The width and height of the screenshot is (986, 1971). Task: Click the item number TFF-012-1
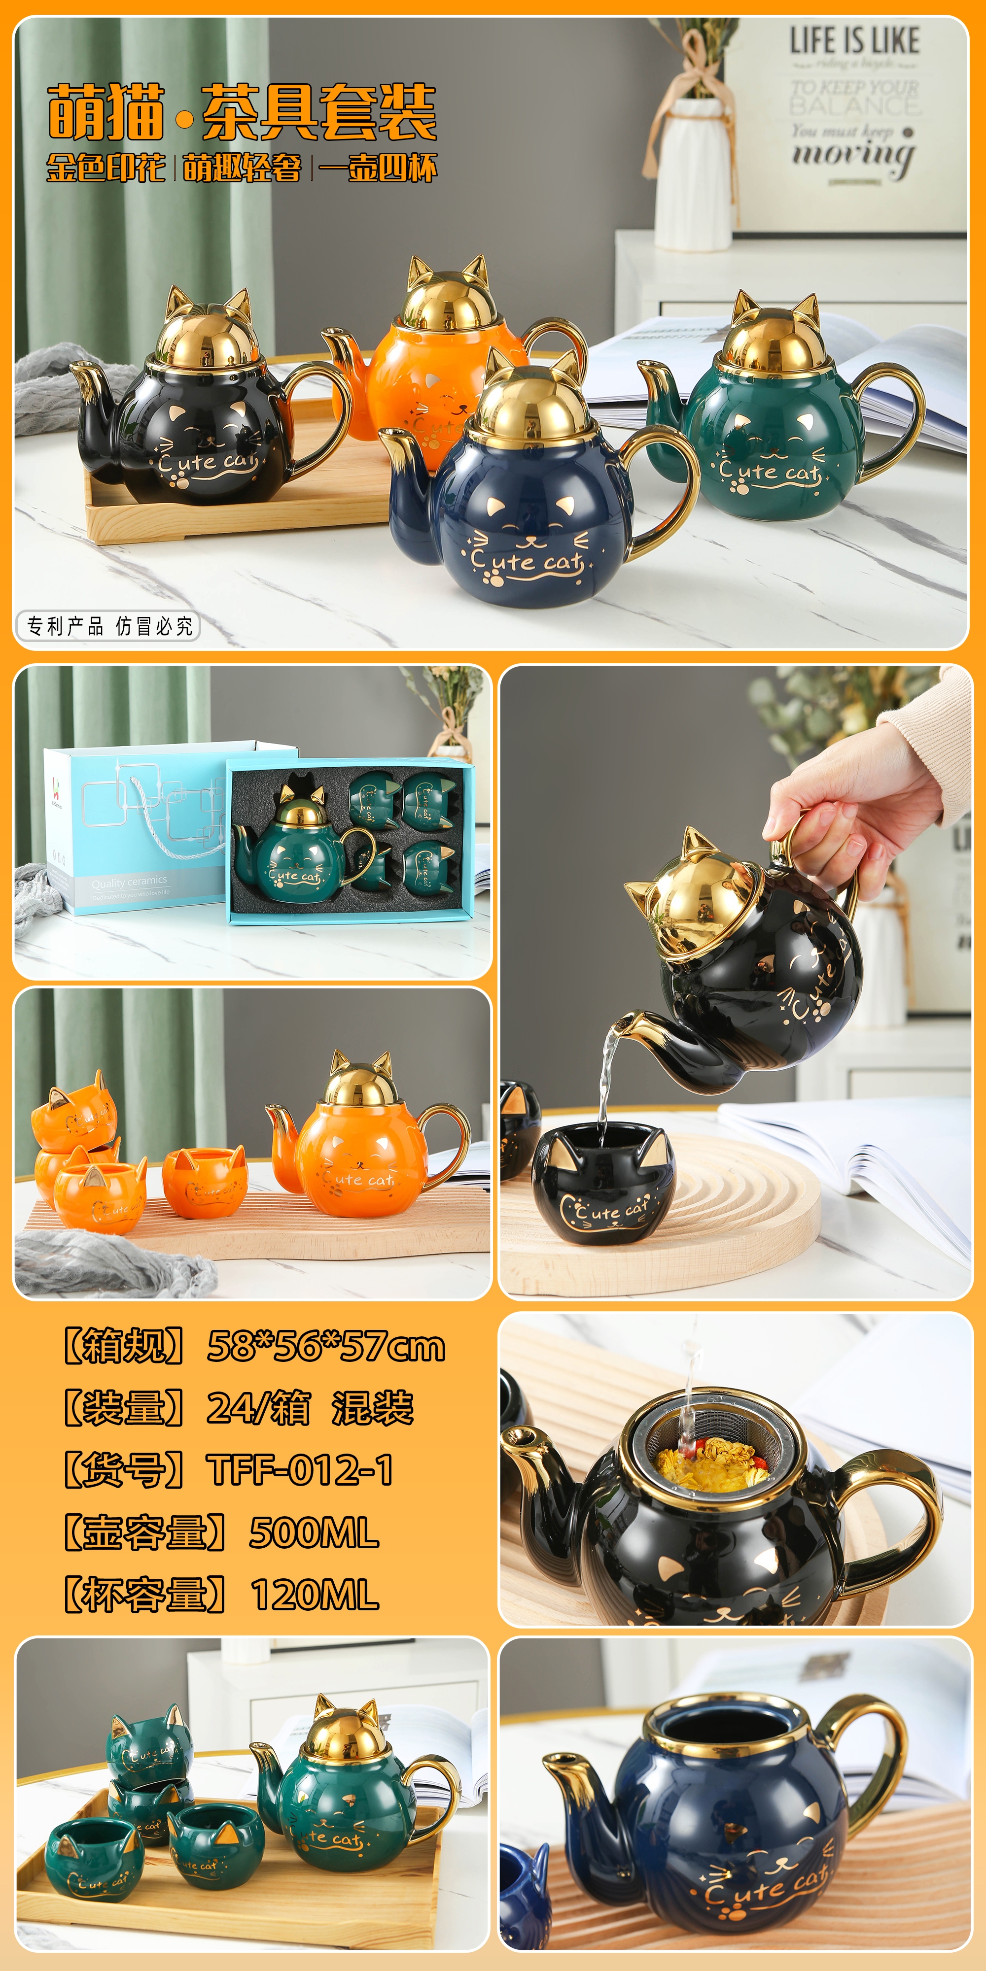[x=300, y=1470]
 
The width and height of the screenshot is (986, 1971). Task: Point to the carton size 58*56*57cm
[x=325, y=1347]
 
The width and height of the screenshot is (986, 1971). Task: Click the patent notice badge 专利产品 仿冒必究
[x=108, y=626]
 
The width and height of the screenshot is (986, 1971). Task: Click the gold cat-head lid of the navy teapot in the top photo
[x=533, y=402]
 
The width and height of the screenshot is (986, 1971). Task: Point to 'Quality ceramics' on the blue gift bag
[x=129, y=881]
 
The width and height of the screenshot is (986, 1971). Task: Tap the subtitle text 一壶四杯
[x=378, y=168]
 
